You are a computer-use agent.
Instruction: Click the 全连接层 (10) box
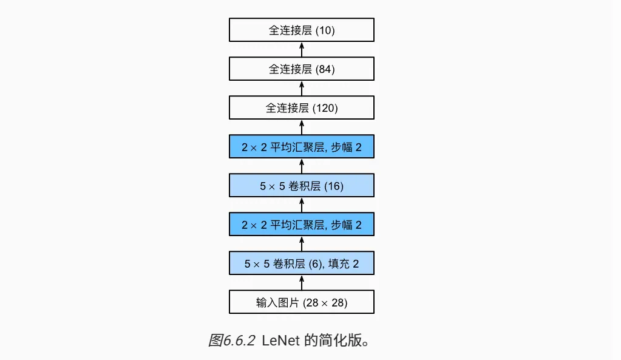[301, 30]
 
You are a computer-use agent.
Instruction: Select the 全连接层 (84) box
[301, 69]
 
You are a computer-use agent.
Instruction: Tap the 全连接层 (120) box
[301, 107]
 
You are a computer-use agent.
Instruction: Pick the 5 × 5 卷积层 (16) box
[301, 185]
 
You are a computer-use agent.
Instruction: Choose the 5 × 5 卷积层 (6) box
[301, 263]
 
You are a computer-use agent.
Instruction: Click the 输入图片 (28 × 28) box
[301, 302]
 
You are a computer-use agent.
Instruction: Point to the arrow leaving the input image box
[302, 283]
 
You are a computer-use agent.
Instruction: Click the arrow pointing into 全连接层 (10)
[302, 50]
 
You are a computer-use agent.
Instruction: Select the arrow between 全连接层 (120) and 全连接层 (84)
[302, 88]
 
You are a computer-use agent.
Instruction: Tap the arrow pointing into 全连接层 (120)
[302, 127]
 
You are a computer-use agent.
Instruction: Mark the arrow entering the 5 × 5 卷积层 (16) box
[302, 205]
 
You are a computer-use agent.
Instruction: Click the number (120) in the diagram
[325, 108]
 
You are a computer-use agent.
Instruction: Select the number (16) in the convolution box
[334, 186]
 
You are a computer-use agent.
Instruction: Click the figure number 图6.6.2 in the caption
[232, 340]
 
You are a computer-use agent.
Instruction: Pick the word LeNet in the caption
[280, 341]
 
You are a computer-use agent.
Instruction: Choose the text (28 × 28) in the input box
[325, 303]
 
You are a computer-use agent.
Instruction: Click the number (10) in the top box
[325, 30]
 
